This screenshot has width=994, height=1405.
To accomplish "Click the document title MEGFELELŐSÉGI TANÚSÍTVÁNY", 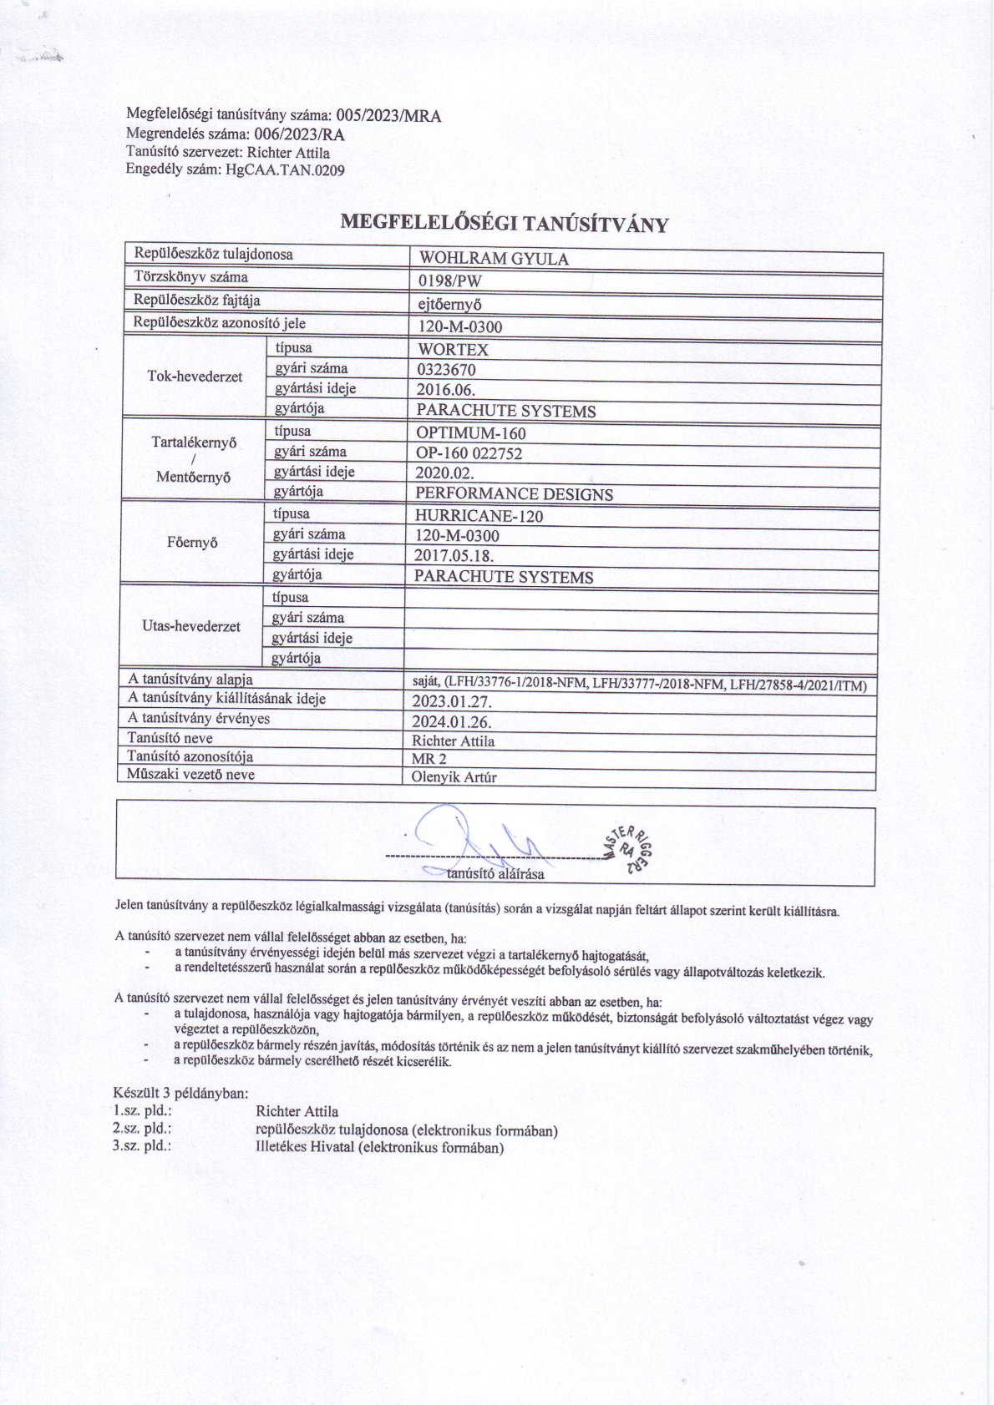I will click(x=505, y=223).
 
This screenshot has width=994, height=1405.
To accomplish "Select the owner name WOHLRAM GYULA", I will click(x=493, y=259).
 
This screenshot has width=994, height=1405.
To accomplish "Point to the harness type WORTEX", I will click(x=452, y=349).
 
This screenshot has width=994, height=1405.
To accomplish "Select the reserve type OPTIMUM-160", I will click(x=471, y=433).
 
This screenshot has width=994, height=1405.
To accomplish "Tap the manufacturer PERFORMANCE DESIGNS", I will click(x=514, y=494).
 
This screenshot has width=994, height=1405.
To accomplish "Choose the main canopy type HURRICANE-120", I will click(x=479, y=516).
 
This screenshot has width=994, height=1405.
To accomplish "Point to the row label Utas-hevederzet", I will click(x=191, y=626).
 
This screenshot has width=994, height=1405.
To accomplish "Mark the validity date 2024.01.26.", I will click(x=451, y=722).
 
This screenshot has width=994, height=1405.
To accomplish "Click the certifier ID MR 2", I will click(x=429, y=759).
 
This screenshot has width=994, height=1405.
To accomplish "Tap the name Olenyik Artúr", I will click(x=454, y=777).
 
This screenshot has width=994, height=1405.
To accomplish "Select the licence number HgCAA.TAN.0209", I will click(x=280, y=169).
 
